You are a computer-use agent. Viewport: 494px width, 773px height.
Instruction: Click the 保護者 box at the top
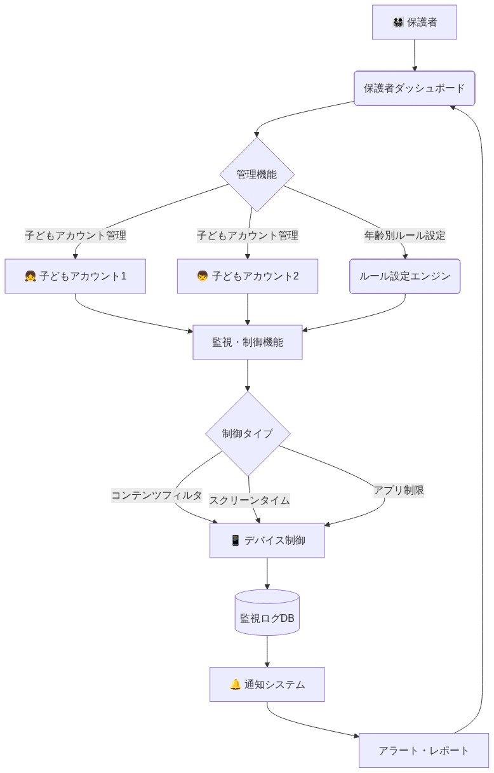pyautogui.click(x=414, y=23)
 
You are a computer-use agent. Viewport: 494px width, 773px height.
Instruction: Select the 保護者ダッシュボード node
pyautogui.click(x=414, y=88)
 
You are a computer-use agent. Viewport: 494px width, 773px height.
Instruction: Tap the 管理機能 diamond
pyautogui.click(x=257, y=175)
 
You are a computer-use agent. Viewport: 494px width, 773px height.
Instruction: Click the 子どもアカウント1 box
pyautogui.click(x=75, y=276)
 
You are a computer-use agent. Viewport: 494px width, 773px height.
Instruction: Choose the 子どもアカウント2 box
pyautogui.click(x=247, y=276)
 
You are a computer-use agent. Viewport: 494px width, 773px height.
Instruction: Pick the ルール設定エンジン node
pyautogui.click(x=404, y=276)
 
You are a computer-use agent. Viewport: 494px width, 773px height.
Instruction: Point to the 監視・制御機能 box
pyautogui.click(x=247, y=342)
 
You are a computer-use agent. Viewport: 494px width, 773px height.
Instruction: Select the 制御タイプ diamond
pyautogui.click(x=248, y=434)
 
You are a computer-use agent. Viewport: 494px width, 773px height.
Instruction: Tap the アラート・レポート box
pyautogui.click(x=424, y=750)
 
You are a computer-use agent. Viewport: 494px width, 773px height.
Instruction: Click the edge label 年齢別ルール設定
pyautogui.click(x=404, y=236)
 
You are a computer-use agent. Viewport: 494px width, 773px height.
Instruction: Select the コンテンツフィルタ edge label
pyautogui.click(x=157, y=495)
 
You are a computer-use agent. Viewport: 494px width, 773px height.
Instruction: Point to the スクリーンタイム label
pyautogui.click(x=250, y=500)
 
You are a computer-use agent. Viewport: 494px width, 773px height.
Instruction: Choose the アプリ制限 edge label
pyautogui.click(x=399, y=490)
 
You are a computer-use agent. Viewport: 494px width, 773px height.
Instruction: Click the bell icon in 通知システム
pyautogui.click(x=235, y=685)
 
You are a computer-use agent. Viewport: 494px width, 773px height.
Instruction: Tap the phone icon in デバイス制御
pyautogui.click(x=235, y=541)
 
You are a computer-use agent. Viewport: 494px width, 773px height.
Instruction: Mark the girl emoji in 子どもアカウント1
pyautogui.click(x=30, y=276)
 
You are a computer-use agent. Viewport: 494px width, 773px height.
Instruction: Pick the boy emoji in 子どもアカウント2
pyautogui.click(x=203, y=276)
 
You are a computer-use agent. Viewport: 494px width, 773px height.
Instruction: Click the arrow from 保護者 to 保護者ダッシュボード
pyautogui.click(x=414, y=55)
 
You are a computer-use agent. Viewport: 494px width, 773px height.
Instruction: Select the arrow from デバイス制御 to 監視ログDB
pyautogui.click(x=267, y=574)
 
